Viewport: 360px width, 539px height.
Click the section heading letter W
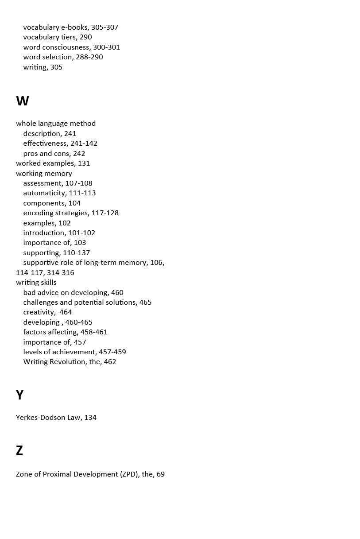tap(23, 101)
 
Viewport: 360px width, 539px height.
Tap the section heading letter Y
tap(19, 395)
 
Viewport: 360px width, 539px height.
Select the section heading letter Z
tap(19, 450)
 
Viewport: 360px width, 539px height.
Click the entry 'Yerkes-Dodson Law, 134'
tap(56, 418)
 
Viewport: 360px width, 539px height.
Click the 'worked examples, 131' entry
tap(53, 163)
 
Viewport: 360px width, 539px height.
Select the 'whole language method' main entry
tap(56, 124)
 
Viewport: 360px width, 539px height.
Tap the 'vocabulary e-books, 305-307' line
tap(71, 27)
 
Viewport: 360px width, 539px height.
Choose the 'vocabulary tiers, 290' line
tap(58, 37)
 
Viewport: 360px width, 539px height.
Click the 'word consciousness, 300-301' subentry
tap(72, 47)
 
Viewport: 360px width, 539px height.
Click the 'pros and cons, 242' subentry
tap(54, 154)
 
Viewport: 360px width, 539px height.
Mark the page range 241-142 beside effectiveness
tap(84, 143)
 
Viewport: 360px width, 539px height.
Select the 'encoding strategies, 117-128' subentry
tap(71, 213)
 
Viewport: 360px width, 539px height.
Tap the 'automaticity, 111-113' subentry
tap(59, 193)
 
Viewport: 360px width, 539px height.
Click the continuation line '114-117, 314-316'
tap(45, 273)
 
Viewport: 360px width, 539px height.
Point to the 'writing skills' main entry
tap(36, 283)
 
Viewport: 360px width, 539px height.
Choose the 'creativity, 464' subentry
tap(47, 312)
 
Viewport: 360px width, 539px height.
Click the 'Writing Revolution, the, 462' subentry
tap(70, 362)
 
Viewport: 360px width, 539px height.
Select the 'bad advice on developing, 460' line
tap(74, 293)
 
